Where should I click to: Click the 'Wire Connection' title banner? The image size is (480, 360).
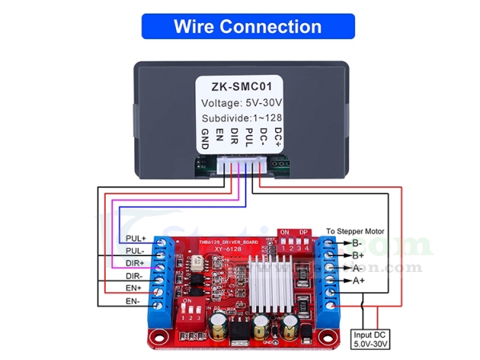[247, 26]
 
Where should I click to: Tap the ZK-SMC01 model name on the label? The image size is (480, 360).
[239, 86]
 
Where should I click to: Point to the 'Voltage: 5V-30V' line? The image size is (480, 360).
[239, 102]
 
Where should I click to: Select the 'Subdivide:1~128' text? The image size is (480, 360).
[239, 118]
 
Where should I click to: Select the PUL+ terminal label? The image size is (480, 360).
[135, 238]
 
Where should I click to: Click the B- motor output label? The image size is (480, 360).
[356, 242]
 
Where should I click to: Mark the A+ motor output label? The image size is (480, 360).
[356, 281]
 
